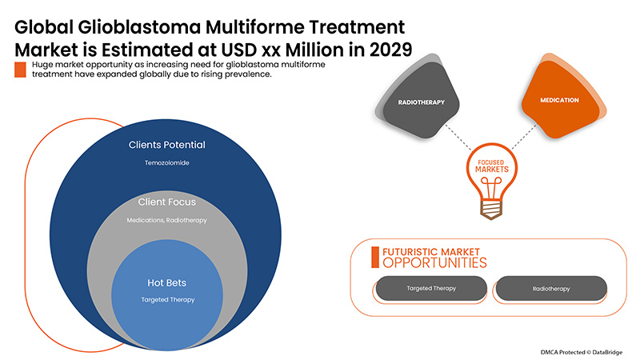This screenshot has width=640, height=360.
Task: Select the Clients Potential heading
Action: coord(167,146)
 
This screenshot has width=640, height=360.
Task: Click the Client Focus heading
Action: coord(167,202)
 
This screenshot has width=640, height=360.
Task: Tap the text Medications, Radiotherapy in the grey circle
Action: coord(167,219)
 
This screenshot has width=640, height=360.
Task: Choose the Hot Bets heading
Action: coord(167,283)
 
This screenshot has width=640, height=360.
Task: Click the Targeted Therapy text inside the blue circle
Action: coord(167,299)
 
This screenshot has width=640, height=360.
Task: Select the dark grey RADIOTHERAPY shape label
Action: coord(421,102)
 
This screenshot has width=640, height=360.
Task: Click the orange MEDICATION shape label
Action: coord(559,101)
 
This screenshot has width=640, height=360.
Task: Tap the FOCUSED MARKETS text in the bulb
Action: coord(492,166)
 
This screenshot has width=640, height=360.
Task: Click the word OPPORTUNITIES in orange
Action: coord(434,262)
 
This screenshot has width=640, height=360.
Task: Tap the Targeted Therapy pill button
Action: coord(430,288)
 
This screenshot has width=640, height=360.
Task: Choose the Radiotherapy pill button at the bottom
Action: coord(550,288)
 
